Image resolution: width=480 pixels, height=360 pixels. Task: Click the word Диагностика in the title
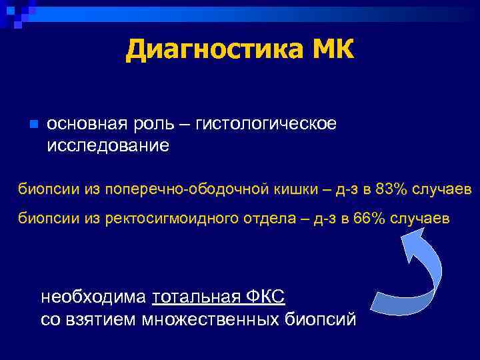click(211, 49)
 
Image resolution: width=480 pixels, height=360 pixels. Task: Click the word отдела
click(258, 219)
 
